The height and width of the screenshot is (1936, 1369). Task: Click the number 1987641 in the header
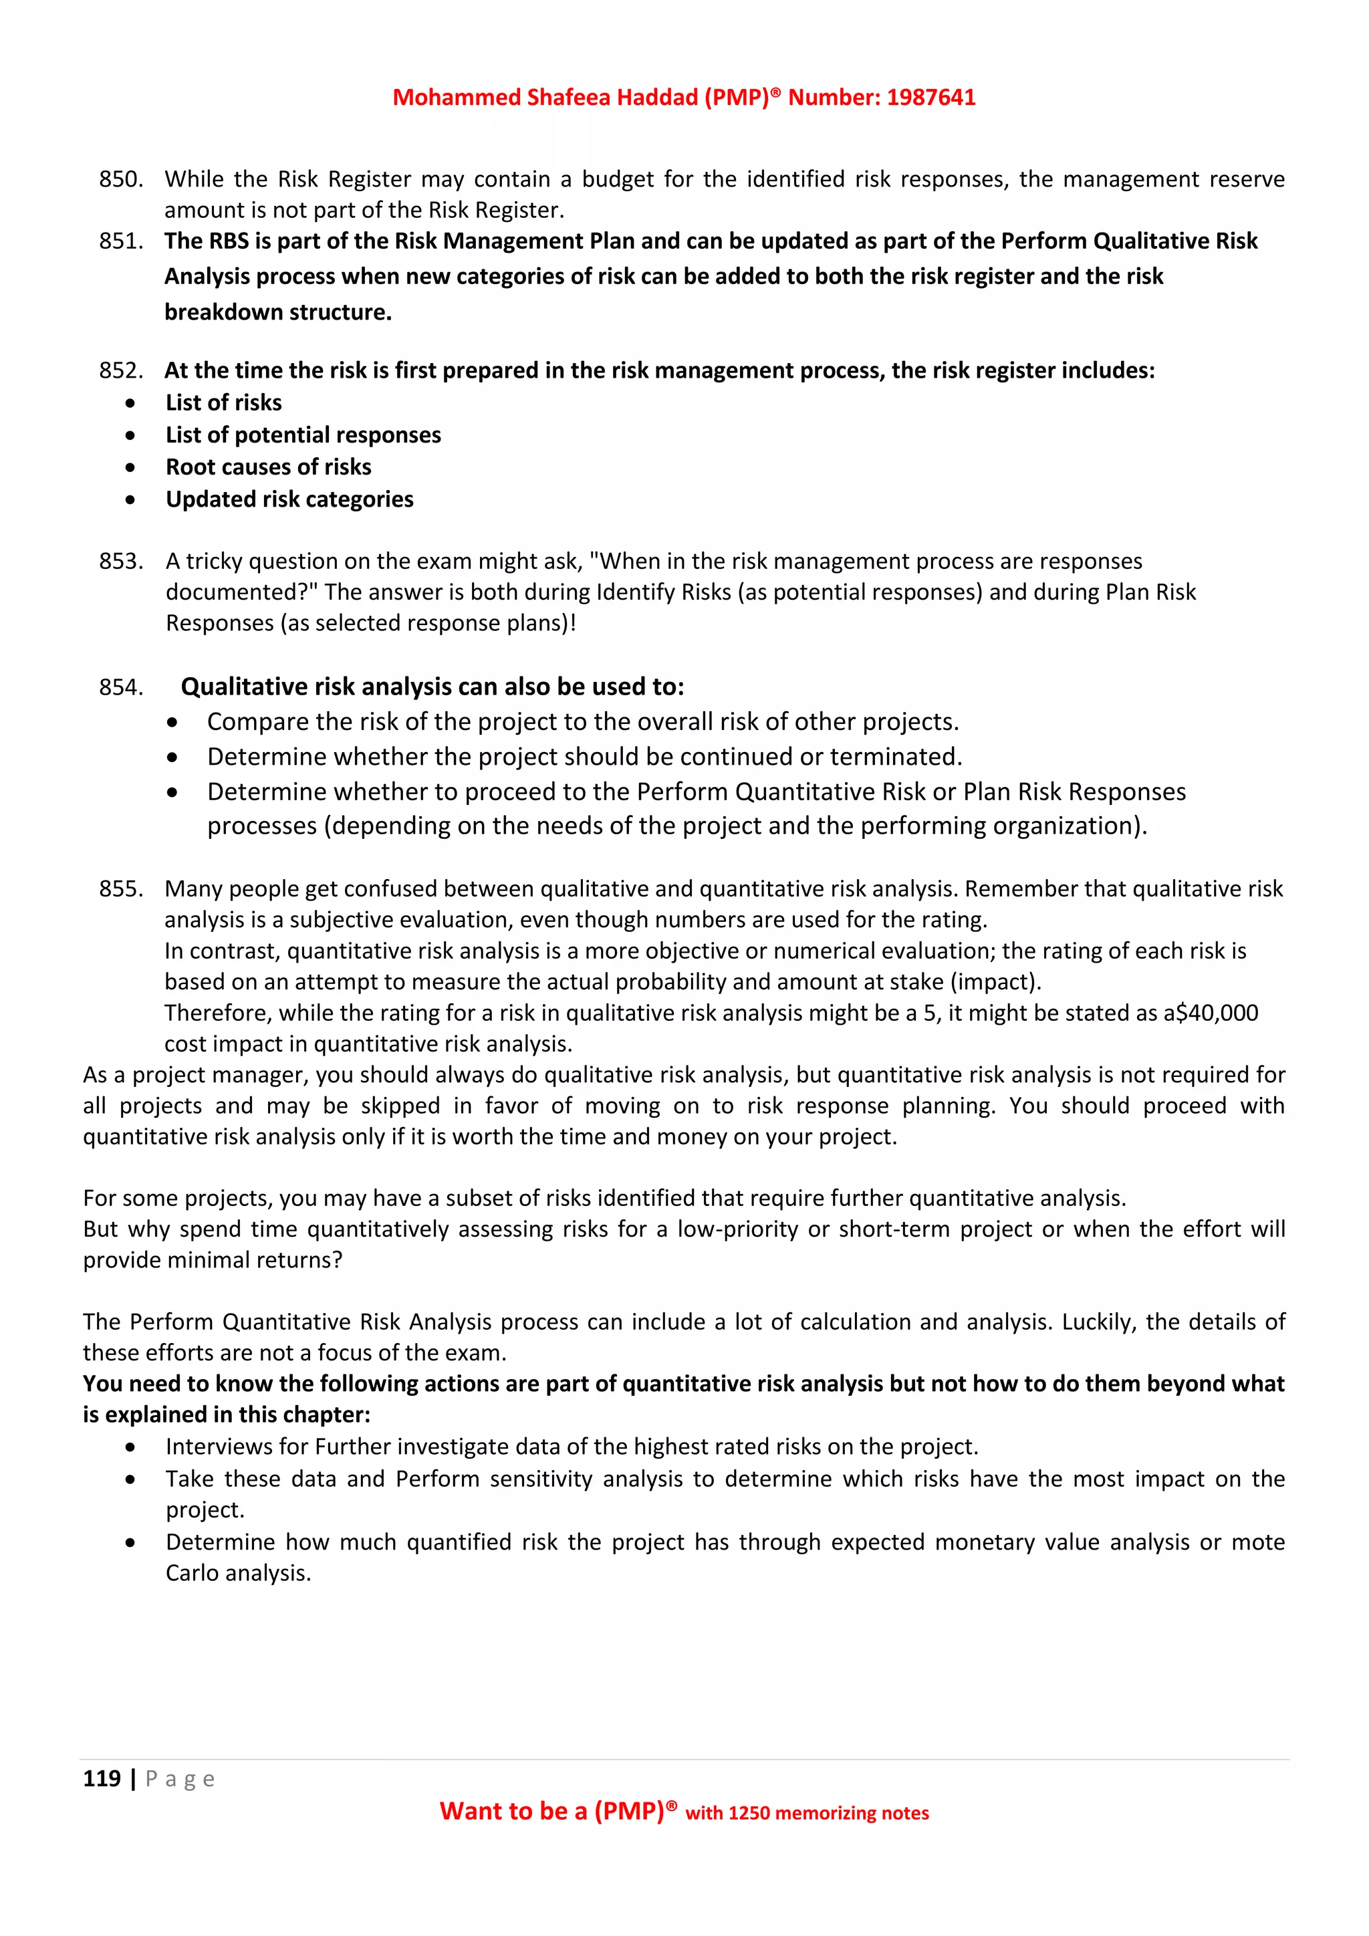(x=930, y=98)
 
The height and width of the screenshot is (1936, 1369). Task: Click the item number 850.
(x=120, y=180)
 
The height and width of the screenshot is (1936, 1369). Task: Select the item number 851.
(x=120, y=241)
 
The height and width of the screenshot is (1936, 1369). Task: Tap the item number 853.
(x=120, y=562)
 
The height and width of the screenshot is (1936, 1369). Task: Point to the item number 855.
(x=120, y=888)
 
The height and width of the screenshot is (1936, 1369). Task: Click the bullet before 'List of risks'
(x=130, y=404)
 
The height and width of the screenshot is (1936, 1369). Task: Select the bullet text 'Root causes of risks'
(x=268, y=467)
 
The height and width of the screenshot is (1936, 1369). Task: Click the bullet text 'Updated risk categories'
(x=289, y=499)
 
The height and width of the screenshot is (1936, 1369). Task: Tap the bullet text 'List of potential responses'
(x=303, y=435)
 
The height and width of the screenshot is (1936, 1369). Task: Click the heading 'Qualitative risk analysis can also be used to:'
(x=432, y=687)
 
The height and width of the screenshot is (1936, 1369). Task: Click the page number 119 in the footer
(x=101, y=1778)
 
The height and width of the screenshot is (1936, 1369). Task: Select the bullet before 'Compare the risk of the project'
(x=172, y=723)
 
